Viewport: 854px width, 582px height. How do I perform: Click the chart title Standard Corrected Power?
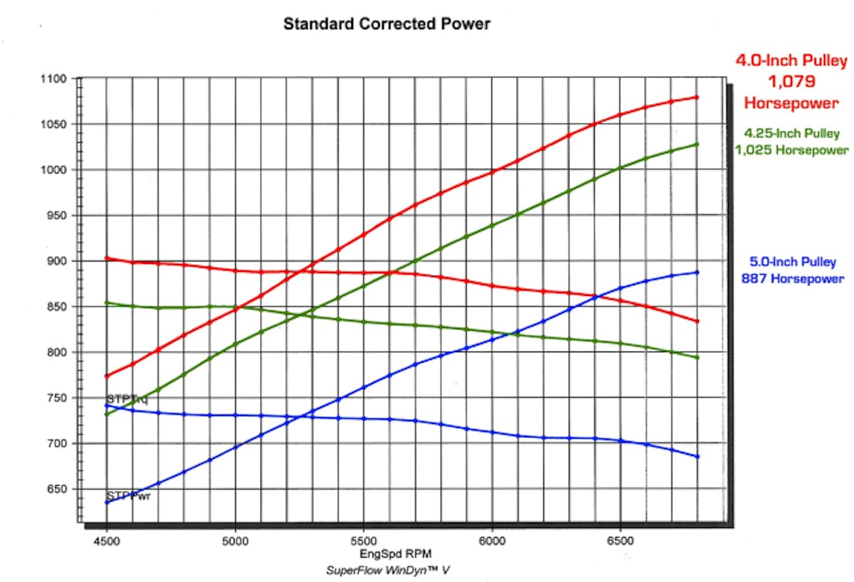386,23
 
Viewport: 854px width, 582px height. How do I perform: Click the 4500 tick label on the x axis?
107,540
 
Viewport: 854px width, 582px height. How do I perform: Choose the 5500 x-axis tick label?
364,540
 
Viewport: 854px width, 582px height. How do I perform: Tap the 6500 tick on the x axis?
620,540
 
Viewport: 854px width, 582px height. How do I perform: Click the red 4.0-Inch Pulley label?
791,62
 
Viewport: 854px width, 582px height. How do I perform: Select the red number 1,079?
791,83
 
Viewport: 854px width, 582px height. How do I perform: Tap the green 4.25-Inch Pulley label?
791,133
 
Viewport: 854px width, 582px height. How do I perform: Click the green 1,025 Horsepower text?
791,150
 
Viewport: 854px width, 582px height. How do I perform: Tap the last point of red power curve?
697,97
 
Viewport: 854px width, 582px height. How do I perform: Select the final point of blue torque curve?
697,456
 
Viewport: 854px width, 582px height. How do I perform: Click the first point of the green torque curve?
107,302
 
